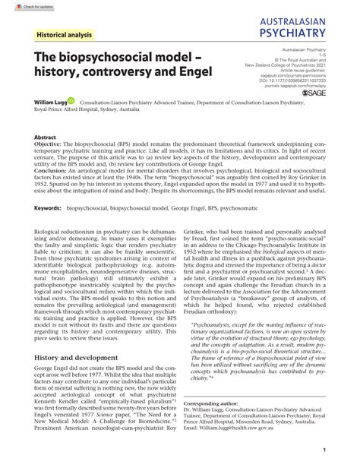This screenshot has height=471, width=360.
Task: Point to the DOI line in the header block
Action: click(x=302, y=81)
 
